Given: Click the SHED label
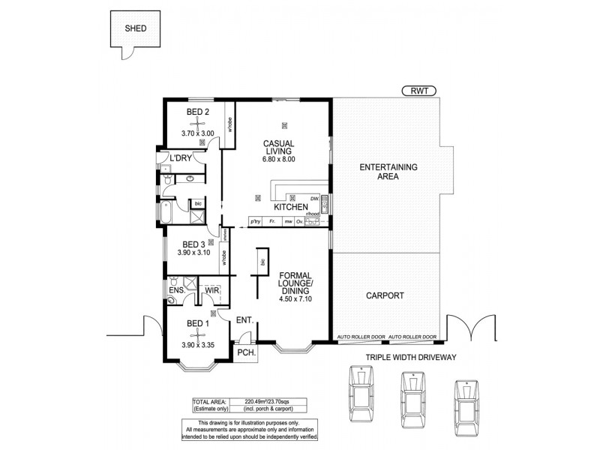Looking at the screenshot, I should coord(136,30).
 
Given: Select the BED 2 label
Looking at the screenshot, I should coord(198,112).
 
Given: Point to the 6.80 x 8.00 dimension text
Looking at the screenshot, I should coord(279,159).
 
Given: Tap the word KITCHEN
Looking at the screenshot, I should coord(291,206).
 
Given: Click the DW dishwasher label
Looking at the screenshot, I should coord(314,198).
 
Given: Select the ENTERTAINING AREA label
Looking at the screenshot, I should coord(388,172).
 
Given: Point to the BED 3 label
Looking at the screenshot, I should coord(193,244).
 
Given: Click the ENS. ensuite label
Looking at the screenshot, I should coord(177,289).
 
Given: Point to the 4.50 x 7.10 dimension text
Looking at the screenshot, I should coord(295,298).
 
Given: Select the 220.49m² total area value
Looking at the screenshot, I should coord(250,400).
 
